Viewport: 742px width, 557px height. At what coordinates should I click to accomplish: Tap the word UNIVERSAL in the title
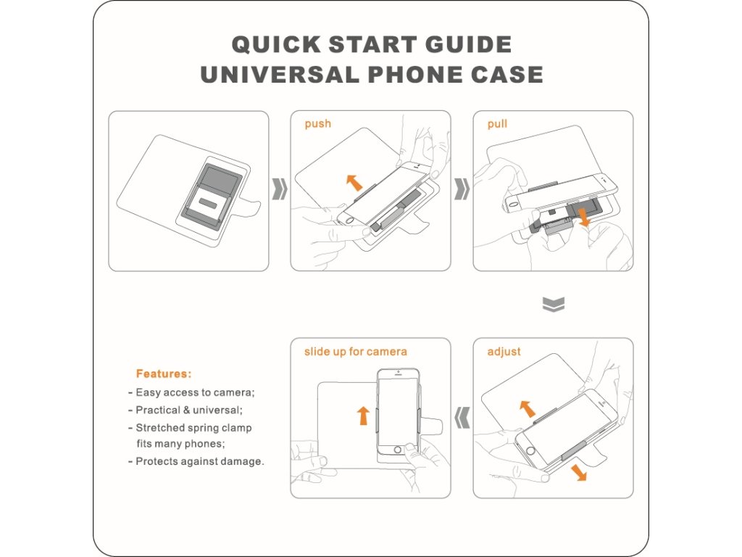pos(279,75)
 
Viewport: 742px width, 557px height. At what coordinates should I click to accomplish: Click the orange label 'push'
pos(317,124)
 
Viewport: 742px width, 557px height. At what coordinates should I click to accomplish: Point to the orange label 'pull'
pos(497,124)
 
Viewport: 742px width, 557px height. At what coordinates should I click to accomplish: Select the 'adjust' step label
pos(504,352)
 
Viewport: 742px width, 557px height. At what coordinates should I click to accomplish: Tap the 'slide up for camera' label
pos(355,352)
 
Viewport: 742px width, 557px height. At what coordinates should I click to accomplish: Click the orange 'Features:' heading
pos(164,374)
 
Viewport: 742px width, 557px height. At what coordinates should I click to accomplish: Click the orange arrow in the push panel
pos(354,182)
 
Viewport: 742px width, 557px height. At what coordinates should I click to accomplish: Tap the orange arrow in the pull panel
pos(585,217)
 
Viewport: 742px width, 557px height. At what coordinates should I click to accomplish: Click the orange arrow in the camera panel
pos(363,416)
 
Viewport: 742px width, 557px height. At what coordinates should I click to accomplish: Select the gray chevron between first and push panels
pos(280,189)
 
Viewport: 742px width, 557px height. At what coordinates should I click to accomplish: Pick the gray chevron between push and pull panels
pos(462,189)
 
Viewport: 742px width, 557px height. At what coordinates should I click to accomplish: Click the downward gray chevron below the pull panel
pos(553,305)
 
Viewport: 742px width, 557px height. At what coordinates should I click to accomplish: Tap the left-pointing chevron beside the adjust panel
pos(462,418)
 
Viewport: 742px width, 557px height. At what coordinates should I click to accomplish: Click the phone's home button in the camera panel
pos(398,449)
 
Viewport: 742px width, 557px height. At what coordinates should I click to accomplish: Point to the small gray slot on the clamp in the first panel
pos(208,203)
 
